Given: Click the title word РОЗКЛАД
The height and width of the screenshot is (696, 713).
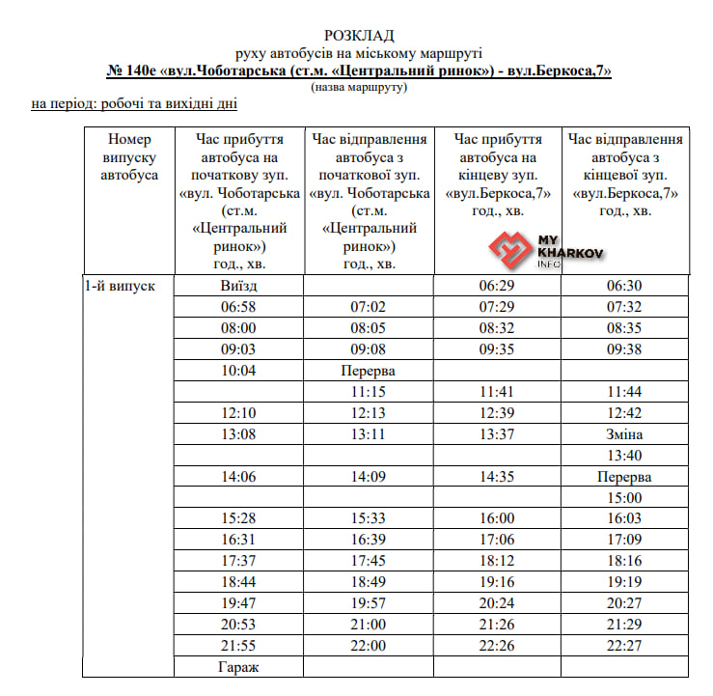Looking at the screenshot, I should point(359,36).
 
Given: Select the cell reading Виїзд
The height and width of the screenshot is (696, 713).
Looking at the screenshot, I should point(240,286).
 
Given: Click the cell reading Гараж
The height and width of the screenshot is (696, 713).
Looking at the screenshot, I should point(240,666).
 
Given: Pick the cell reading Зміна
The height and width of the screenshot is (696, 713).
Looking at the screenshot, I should point(624,434).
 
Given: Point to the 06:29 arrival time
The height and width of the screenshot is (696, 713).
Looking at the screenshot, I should point(497,286).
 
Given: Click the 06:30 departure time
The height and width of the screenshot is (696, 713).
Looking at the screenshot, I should point(624,286).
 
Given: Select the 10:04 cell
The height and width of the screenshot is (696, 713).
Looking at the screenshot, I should point(240,371).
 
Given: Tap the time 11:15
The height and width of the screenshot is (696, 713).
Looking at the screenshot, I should point(369,392).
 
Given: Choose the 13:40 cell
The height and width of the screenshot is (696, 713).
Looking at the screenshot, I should point(624,456).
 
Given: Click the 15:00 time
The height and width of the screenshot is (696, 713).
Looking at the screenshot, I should point(624,498).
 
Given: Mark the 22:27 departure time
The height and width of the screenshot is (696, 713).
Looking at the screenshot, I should point(624,645).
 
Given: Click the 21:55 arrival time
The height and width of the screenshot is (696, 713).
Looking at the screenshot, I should point(240,645).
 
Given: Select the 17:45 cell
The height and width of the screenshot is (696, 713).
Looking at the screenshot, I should point(369,561).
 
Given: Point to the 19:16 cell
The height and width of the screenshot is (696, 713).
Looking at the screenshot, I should point(497,582).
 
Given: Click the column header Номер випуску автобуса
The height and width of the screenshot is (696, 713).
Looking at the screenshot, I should point(129,157).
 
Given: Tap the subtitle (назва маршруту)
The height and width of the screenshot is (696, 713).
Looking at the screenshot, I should point(359,87).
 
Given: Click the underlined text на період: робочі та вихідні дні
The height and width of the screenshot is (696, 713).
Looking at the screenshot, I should point(134,104).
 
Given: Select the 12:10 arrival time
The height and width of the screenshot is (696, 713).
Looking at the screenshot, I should point(240,413).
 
